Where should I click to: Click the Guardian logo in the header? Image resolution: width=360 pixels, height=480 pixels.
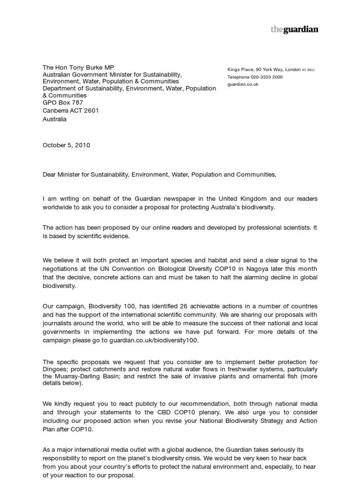[294, 30]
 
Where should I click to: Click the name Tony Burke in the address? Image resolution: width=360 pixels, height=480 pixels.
[85, 67]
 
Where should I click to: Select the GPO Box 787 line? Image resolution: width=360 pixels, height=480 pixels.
[63, 103]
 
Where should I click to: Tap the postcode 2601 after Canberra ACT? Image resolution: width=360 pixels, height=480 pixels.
[91, 111]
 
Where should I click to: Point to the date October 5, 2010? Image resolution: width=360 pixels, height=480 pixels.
[66, 145]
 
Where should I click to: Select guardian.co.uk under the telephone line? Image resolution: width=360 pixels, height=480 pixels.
[243, 84]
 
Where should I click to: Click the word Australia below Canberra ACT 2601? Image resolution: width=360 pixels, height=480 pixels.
[55, 119]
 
